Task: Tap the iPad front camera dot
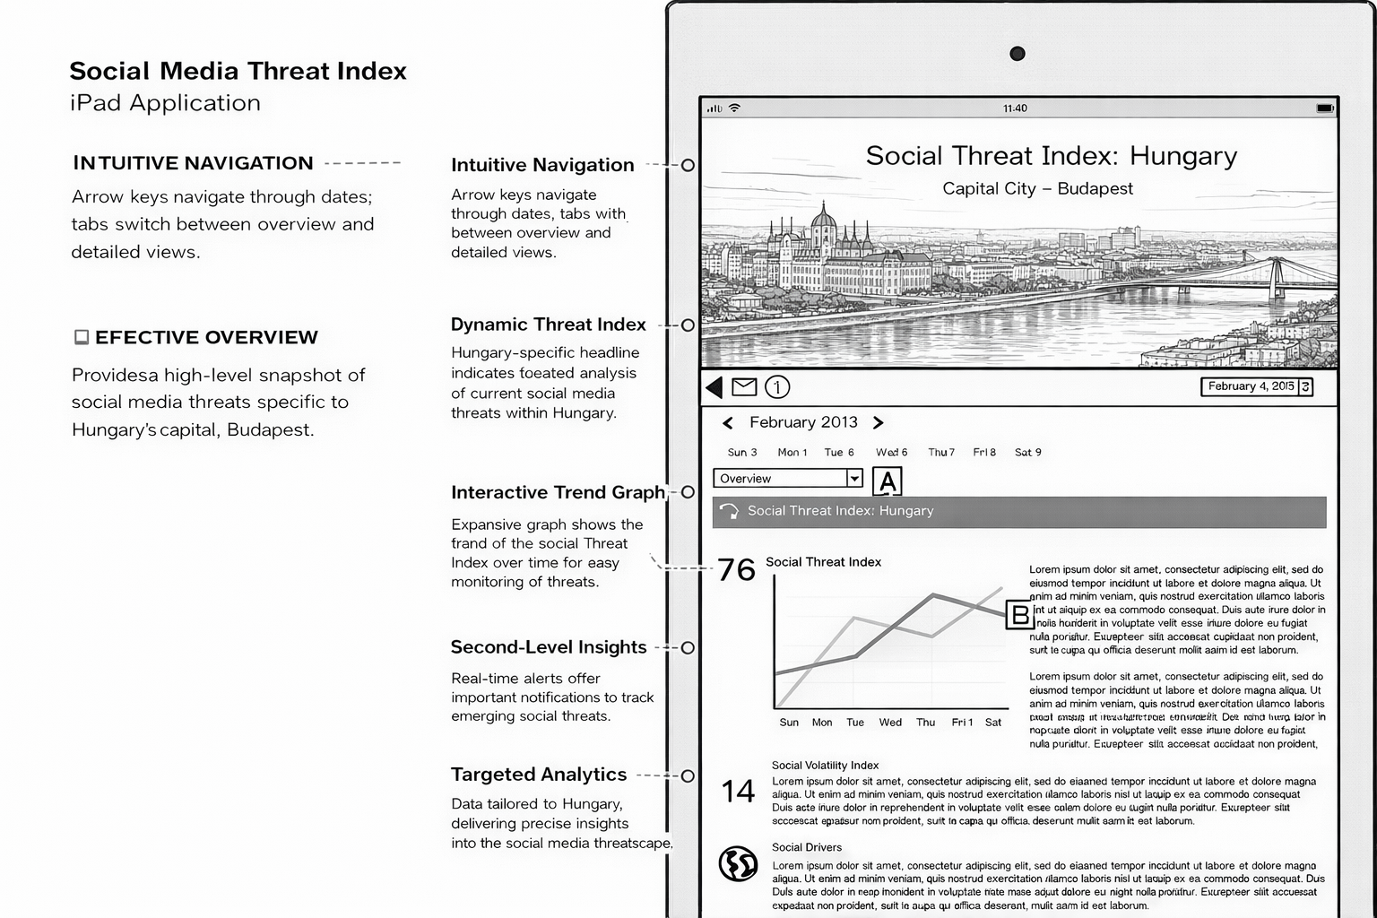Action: (1017, 54)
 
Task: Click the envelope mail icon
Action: (744, 387)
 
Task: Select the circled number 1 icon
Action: (777, 387)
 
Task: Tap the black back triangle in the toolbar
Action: (714, 387)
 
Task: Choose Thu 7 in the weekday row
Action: (940, 453)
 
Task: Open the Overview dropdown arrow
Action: (854, 479)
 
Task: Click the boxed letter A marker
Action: (887, 482)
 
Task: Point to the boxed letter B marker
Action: (1019, 615)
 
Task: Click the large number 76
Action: (736, 570)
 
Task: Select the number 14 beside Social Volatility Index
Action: (738, 792)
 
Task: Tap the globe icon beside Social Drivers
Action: (738, 863)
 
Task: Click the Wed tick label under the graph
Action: (890, 723)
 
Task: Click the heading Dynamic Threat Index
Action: (548, 325)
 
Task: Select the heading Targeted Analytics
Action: (538, 775)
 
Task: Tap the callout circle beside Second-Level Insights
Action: (688, 647)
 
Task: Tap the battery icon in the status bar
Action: (1324, 108)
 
